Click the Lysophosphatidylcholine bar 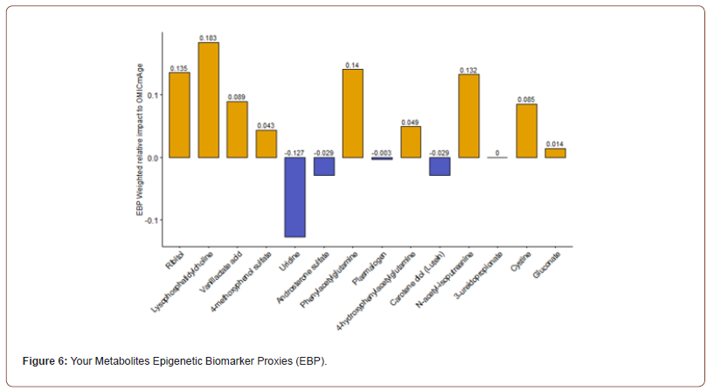208,100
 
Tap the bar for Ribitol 179,115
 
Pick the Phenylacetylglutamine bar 353,113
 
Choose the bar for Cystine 526,130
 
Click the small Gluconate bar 555,153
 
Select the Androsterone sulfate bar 323,166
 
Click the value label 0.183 208,38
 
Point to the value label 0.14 353,65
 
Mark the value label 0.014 555,143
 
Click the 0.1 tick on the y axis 153,94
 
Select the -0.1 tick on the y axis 151,220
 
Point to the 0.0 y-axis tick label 153,157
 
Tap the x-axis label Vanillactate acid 225,270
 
